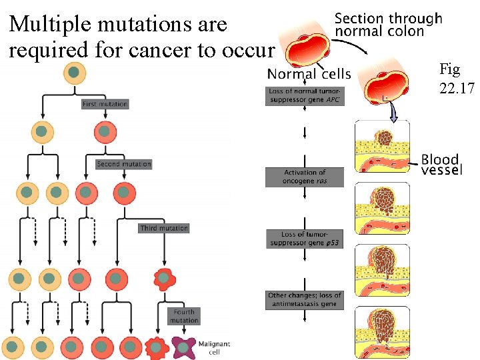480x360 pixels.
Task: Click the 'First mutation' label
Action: [105, 104]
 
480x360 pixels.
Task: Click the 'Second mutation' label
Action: [123, 164]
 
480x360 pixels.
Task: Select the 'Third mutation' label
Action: [164, 228]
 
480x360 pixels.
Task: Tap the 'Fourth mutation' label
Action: [184, 316]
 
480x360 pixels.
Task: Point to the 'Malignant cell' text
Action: [214, 347]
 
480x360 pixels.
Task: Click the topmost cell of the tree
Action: [75, 73]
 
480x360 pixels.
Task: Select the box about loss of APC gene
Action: [305, 95]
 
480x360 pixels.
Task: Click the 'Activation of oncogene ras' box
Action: [304, 177]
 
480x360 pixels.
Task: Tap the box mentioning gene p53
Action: [304, 239]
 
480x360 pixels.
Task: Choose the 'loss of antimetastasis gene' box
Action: [304, 299]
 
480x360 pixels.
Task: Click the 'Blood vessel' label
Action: [441, 164]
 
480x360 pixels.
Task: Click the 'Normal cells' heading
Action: [309, 73]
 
